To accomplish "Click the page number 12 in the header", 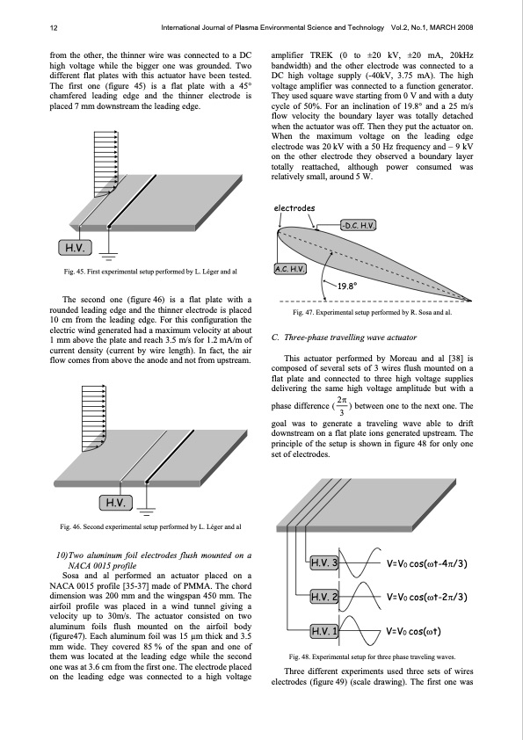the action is click(x=54, y=28).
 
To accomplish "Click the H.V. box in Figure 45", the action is click(x=75, y=248).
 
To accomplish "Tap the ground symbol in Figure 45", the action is click(x=109, y=257).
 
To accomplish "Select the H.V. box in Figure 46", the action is click(x=116, y=503).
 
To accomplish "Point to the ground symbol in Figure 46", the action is click(x=147, y=511).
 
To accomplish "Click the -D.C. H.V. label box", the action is click(x=359, y=225).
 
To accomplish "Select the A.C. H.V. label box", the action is click(x=290, y=269).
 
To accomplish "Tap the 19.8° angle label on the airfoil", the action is click(x=347, y=286).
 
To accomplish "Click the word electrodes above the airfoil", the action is click(x=294, y=208).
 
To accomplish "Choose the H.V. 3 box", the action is click(x=323, y=562).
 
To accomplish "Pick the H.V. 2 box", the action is click(x=323, y=597).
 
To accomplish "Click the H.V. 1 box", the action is click(x=323, y=631).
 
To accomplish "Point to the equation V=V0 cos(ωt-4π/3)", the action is click(x=426, y=563).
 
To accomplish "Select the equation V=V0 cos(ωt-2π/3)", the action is click(x=426, y=597).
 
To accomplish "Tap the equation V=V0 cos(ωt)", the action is click(x=413, y=631).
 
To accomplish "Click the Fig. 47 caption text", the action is click(x=372, y=312).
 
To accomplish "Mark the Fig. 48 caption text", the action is click(x=372, y=657).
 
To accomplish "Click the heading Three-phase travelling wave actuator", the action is click(x=344, y=337).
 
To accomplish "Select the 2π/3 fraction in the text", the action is click(x=342, y=406).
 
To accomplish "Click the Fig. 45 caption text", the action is click(x=150, y=272).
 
